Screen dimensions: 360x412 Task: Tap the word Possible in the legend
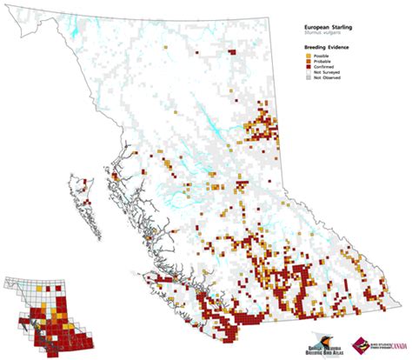pyautogui.click(x=309, y=56)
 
